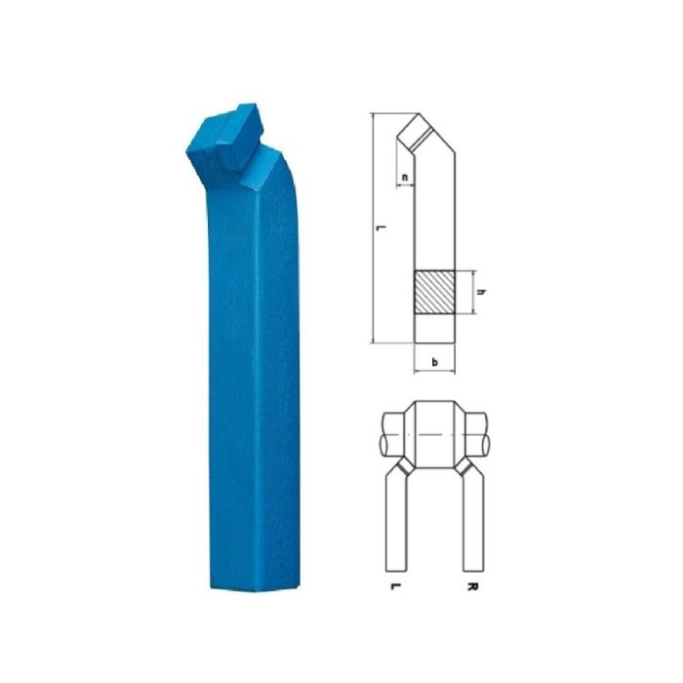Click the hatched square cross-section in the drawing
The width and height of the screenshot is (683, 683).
click(x=434, y=291)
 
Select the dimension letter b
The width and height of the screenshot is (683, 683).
click(x=434, y=362)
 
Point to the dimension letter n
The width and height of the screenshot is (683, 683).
click(x=405, y=178)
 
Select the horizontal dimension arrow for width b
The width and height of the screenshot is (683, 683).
click(x=434, y=373)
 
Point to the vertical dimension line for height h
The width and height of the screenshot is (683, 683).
click(x=473, y=292)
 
